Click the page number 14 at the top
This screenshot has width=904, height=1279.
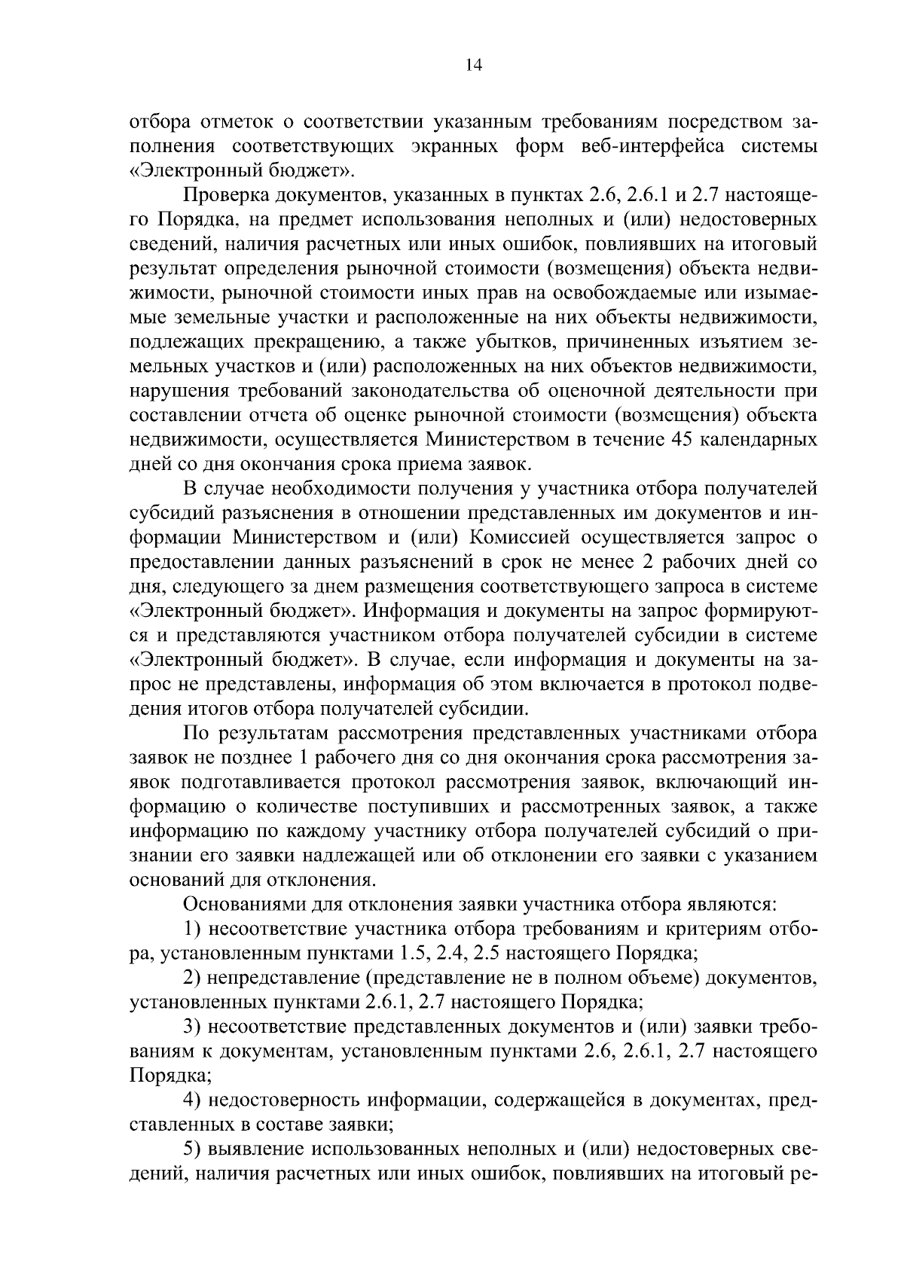pos(473,66)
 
